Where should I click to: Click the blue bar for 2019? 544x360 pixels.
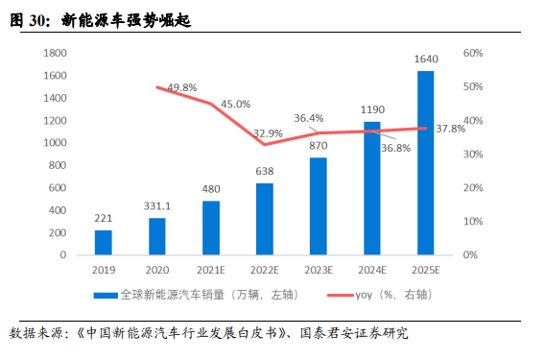tap(104, 242)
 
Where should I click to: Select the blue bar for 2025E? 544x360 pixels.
tap(425, 162)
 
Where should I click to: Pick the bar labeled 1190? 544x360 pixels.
tap(371, 188)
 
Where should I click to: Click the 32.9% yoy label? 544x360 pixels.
tap(268, 132)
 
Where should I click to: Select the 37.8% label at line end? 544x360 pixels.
tap(450, 128)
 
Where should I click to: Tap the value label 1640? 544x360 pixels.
tap(425, 59)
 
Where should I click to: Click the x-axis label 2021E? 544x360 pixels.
tap(210, 270)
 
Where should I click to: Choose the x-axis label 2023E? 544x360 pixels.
tap(318, 270)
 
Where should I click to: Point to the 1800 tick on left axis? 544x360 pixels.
tap(55, 53)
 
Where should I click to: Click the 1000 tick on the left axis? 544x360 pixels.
tap(55, 143)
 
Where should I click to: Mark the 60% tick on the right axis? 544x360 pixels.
tap(471, 53)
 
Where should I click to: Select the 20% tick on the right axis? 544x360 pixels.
tap(471, 188)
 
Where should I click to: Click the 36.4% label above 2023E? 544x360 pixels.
tap(308, 118)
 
